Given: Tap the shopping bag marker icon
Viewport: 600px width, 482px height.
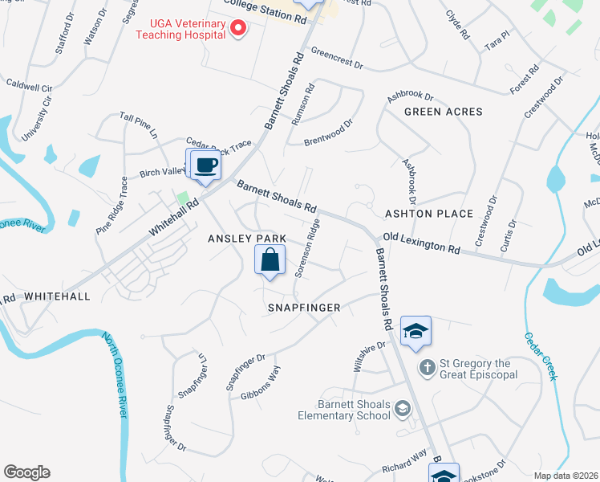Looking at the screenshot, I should [270, 259].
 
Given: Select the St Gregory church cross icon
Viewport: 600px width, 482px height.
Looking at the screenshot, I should [428, 367].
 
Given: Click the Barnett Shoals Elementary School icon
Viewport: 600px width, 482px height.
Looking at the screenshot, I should [402, 410].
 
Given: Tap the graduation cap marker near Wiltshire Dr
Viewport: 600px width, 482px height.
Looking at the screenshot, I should [416, 331].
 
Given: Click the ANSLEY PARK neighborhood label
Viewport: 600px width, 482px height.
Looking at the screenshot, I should [247, 239].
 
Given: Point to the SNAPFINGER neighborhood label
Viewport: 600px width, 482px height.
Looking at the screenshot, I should [304, 308].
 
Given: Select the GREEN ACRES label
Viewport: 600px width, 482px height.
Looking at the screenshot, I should [443, 112].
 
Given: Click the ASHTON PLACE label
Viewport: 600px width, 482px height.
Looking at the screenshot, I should [429, 214].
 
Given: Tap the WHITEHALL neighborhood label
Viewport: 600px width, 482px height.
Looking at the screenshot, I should [57, 296].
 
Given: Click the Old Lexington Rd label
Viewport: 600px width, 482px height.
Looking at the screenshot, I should [420, 243].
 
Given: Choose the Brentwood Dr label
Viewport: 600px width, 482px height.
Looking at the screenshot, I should [329, 133].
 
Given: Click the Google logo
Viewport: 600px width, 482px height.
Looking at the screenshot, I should [27, 472].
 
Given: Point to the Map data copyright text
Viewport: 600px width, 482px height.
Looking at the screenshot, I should [566, 476].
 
